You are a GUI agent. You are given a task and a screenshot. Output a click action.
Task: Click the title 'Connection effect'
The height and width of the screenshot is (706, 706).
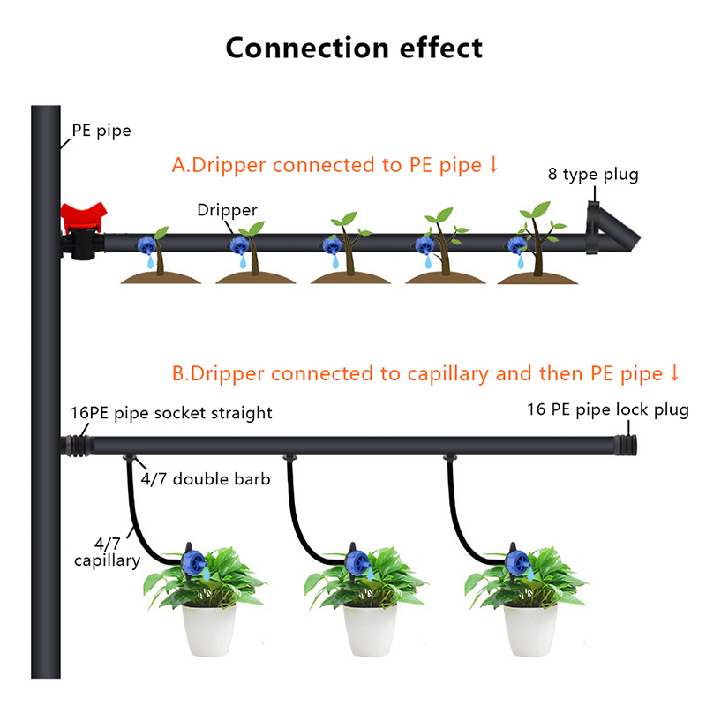(x=354, y=47)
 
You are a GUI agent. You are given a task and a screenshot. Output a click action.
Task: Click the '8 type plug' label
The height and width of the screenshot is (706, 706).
(x=593, y=174)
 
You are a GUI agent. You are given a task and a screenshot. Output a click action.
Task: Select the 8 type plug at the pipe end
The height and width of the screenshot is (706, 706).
(x=611, y=229)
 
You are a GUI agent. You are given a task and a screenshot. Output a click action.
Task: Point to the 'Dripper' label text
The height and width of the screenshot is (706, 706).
(x=228, y=210)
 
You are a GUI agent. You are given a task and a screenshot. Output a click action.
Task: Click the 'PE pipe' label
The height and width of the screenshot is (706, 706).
(x=101, y=131)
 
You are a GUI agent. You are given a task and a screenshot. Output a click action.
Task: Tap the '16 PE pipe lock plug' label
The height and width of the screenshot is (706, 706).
(x=607, y=409)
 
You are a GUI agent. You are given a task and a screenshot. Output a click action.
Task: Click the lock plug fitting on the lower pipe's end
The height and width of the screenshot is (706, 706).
(x=628, y=442)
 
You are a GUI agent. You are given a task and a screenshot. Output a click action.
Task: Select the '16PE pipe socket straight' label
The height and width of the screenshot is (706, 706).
(x=172, y=413)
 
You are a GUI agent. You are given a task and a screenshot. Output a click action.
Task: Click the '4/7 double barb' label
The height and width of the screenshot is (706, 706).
(x=205, y=479)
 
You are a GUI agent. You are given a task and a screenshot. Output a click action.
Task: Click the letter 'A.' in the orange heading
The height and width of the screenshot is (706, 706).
(x=181, y=165)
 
